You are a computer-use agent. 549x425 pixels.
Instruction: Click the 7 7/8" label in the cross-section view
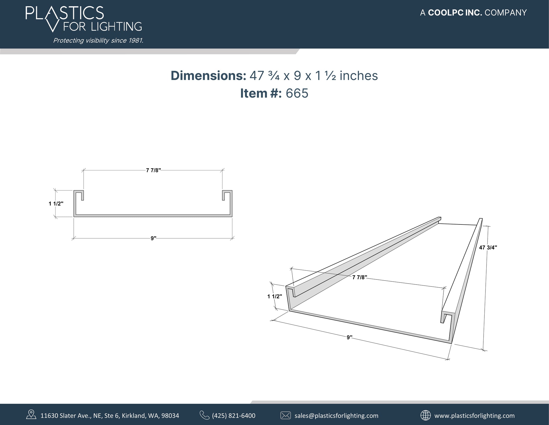coord(153,170)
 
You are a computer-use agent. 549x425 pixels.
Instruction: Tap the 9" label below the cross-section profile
coord(153,238)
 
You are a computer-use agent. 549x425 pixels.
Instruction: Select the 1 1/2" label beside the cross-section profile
coord(56,204)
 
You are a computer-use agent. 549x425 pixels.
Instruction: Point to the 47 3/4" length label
coord(488,248)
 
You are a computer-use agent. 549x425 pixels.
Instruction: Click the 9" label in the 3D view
coord(349,337)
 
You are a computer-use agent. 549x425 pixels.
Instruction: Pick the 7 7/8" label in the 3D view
coord(359,277)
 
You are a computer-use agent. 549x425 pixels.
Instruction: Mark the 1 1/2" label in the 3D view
coord(274,296)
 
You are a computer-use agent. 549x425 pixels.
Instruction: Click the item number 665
coord(297,93)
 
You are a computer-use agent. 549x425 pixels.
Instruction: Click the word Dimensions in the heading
coord(208,76)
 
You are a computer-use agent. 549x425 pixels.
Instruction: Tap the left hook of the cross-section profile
coord(79,195)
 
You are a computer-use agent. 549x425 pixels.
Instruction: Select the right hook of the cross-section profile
coord(227,195)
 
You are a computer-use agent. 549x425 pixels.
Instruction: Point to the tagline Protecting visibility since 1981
coord(98,41)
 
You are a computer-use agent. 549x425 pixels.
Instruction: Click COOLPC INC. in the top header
coord(455,13)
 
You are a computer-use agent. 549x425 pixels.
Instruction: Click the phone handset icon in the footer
coord(204,415)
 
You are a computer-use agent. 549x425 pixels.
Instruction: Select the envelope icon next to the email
coord(285,415)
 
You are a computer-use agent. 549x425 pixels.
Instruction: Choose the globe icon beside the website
coord(425,415)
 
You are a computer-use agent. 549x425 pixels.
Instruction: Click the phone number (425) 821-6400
coord(233,416)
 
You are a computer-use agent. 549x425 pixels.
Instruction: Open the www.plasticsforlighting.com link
coord(474,416)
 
